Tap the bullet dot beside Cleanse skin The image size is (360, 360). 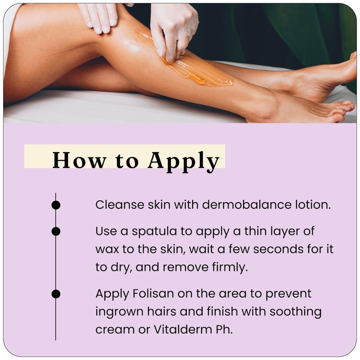tap(56, 205)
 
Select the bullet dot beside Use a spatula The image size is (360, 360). tap(56, 231)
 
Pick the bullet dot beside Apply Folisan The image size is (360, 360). tap(56, 294)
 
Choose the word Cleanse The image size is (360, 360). tap(119, 205)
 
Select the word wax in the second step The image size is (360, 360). tap(106, 249)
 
